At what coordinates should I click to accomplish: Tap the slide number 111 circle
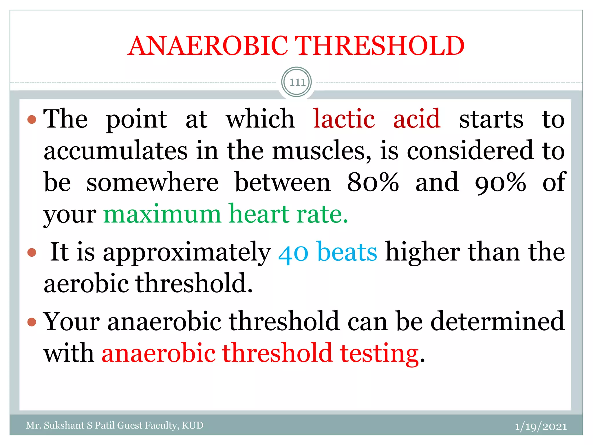296,82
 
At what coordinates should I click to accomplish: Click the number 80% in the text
373,183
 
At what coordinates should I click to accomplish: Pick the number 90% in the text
500,183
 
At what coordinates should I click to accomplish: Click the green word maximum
162,214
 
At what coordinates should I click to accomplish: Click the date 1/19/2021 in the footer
541,426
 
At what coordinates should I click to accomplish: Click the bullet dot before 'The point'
32,119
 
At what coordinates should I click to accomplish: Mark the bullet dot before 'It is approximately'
32,253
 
